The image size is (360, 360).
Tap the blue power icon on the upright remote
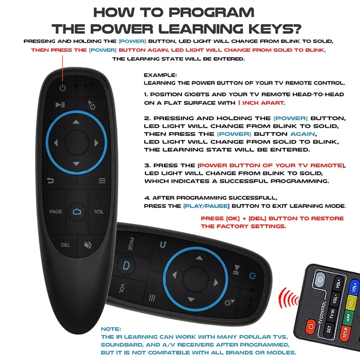(x=63, y=87)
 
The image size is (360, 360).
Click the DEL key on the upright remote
(x=65, y=245)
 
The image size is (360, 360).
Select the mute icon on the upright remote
(x=88, y=245)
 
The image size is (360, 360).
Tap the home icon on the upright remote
(x=76, y=212)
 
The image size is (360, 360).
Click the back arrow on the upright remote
(x=51, y=181)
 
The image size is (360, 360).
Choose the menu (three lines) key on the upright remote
(x=102, y=181)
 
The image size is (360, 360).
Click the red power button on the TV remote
(x=311, y=325)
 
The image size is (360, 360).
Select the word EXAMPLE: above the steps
(x=160, y=75)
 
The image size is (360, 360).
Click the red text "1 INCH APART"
(x=261, y=103)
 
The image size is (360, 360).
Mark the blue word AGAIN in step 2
(x=302, y=134)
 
